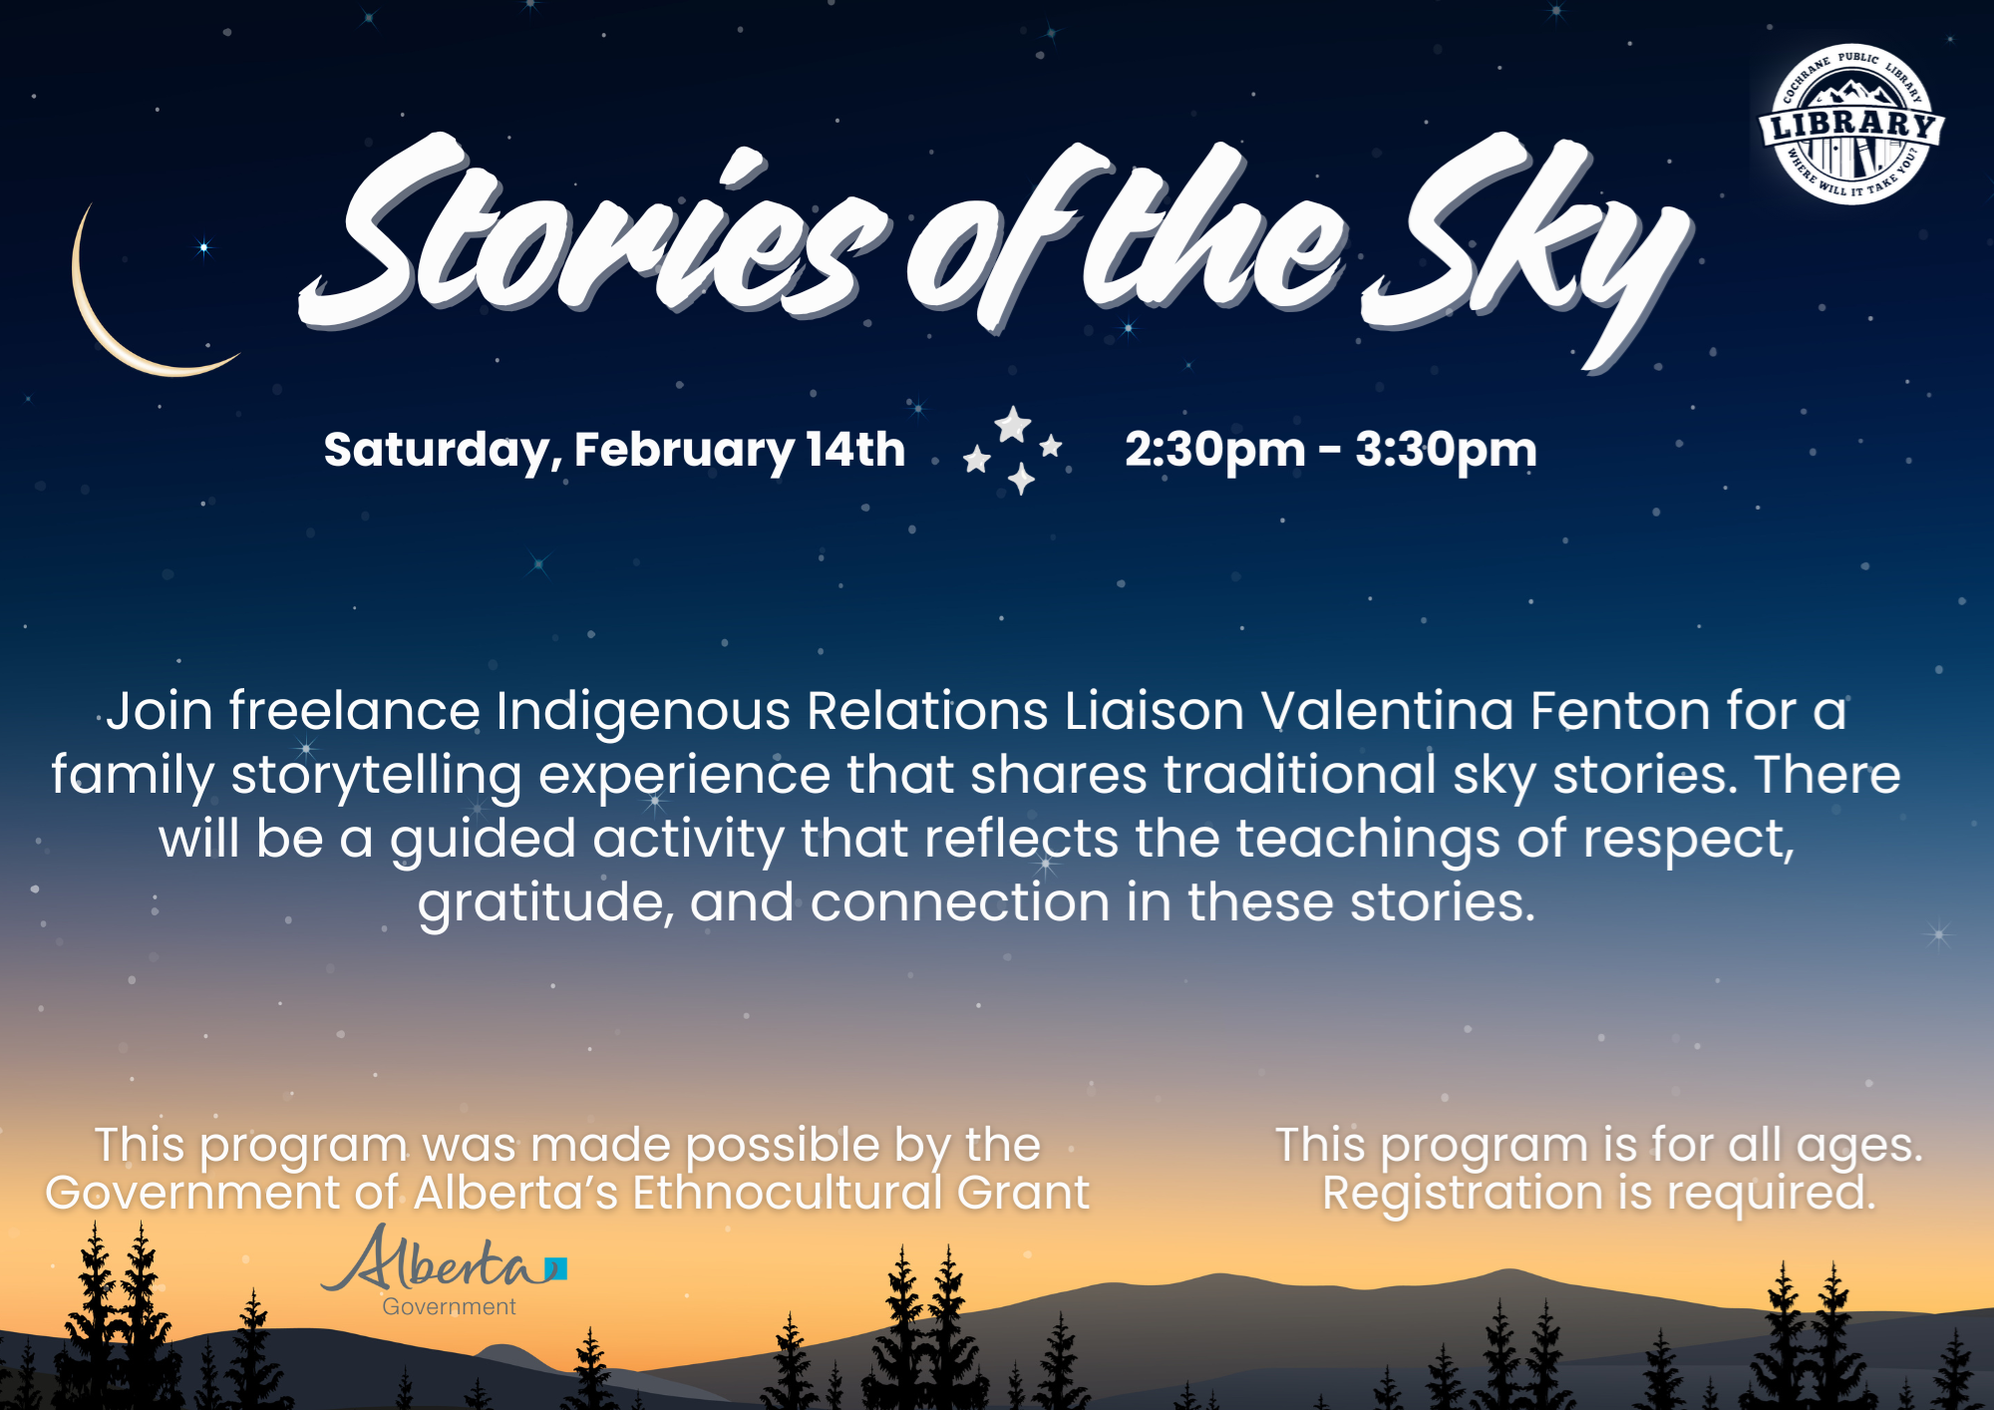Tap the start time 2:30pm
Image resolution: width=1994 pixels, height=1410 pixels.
1214,450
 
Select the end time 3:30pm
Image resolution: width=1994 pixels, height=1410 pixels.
1446,450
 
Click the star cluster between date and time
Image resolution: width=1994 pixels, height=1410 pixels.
1013,450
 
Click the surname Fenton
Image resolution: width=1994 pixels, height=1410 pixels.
1620,711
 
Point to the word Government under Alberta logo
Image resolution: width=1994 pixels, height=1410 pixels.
449,1306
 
